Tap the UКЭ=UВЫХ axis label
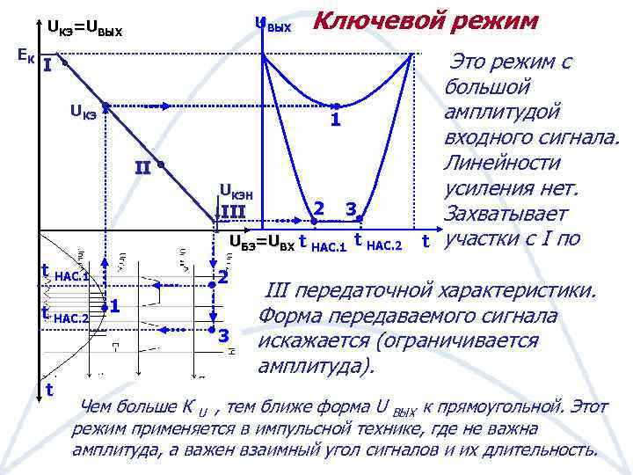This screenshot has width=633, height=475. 84,32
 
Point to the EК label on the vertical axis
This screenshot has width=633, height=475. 26,56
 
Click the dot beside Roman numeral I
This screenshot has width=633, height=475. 64,62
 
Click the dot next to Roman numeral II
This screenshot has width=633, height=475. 162,165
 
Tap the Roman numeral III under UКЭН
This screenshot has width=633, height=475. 234,211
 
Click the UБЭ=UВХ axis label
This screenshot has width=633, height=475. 261,241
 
